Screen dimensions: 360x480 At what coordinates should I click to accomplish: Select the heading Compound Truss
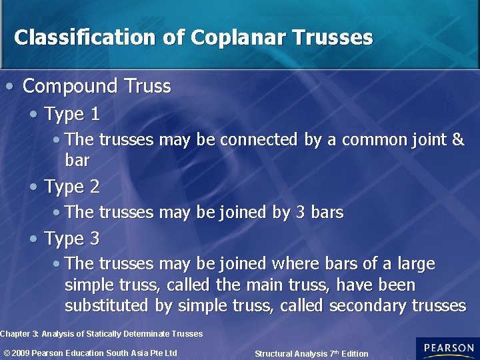click(x=97, y=86)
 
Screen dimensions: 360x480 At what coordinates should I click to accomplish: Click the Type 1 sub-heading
click(x=72, y=115)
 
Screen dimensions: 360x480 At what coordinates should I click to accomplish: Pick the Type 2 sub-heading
click(x=72, y=187)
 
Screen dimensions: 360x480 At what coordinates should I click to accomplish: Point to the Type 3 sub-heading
click(x=72, y=239)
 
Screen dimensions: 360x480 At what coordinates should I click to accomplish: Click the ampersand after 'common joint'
click(x=458, y=140)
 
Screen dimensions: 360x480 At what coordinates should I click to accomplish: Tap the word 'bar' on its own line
click(x=77, y=161)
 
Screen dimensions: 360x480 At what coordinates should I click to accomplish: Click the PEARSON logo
click(x=447, y=349)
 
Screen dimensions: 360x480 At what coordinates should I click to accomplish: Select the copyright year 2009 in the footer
click(x=21, y=353)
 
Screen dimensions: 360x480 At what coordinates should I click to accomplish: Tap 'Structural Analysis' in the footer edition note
click(x=291, y=354)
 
